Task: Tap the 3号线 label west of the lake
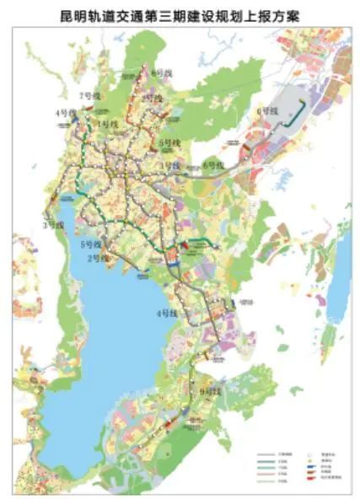tap(54, 224)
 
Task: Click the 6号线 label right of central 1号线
tap(213, 165)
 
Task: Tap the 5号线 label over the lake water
tap(90, 244)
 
